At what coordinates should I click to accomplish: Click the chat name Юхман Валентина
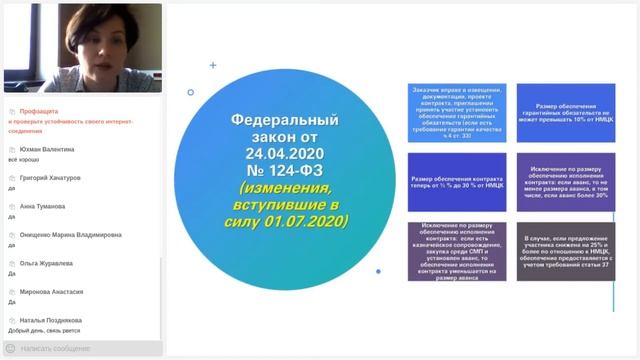[x=41, y=148]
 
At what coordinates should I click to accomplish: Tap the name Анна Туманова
[x=36, y=206]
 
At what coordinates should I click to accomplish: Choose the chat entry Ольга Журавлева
[x=40, y=263]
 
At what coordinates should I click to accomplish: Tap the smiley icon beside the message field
[x=10, y=348]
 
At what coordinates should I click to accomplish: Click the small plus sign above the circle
[x=213, y=65]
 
